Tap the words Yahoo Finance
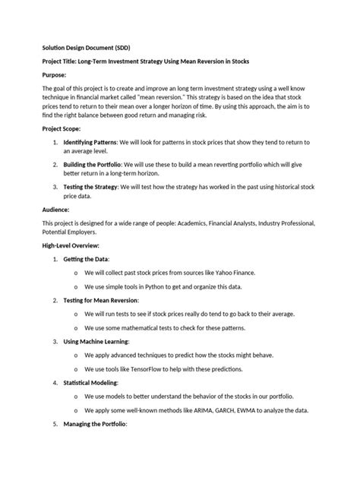click(234, 272)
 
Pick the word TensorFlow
click(141, 368)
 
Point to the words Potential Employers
click(75, 231)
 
